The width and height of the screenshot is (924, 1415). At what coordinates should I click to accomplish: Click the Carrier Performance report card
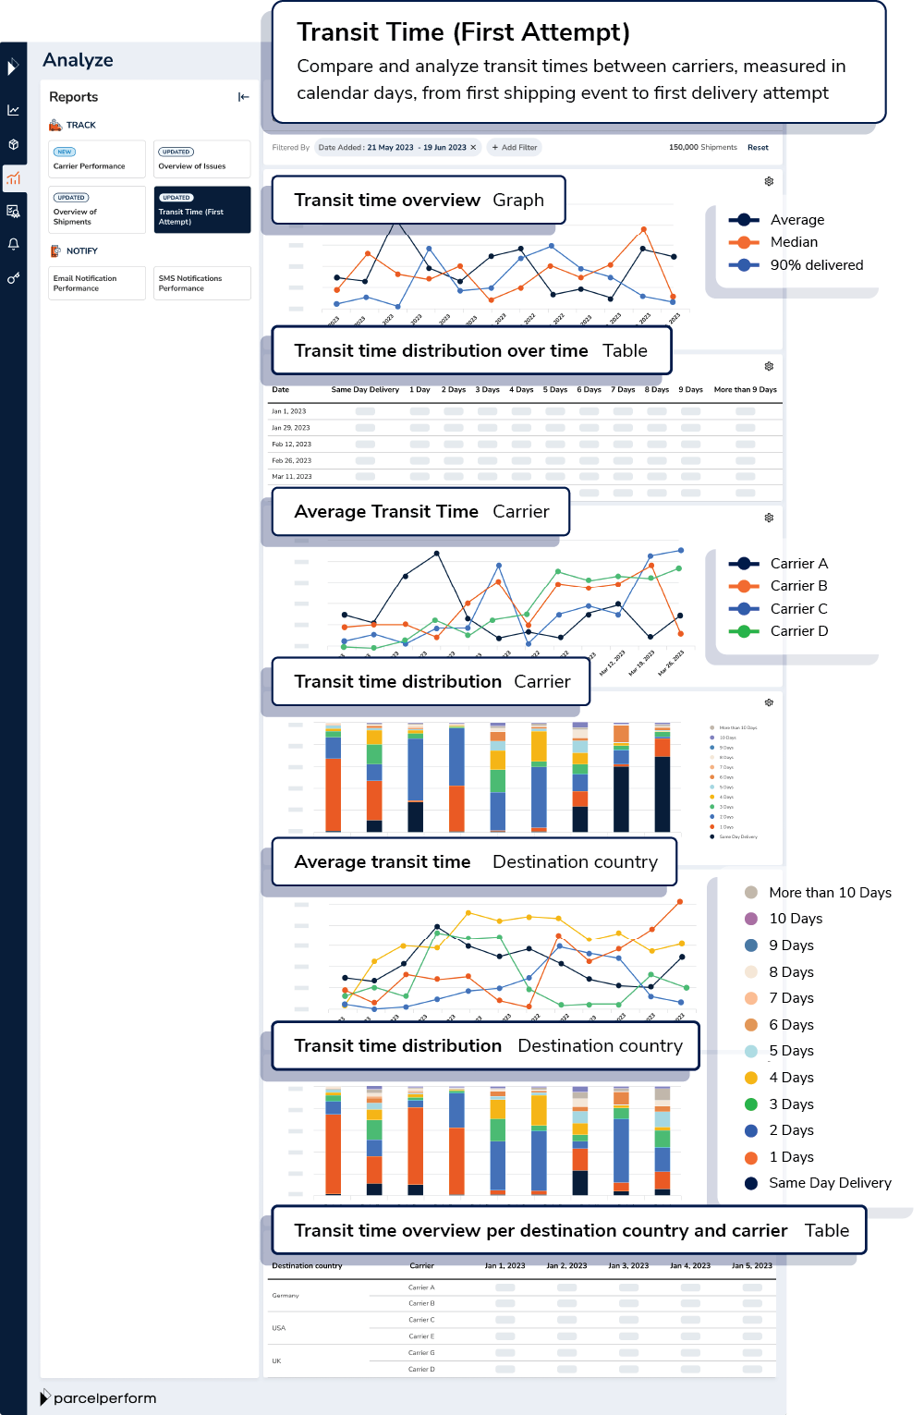click(x=97, y=159)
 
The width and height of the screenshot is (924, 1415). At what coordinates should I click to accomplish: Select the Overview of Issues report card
click(x=201, y=159)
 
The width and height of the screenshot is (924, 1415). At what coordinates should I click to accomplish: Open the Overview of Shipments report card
click(x=97, y=210)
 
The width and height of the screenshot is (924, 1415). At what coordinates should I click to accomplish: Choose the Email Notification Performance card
click(x=97, y=283)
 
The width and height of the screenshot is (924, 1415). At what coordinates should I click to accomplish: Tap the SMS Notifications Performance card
click(x=201, y=283)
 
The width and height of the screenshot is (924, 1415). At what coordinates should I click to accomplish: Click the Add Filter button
click(x=514, y=148)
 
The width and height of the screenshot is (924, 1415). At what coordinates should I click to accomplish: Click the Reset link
click(x=758, y=148)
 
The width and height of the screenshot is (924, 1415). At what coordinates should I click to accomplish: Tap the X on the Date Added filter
click(x=473, y=148)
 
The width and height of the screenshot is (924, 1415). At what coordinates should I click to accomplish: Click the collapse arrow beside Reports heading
click(x=244, y=97)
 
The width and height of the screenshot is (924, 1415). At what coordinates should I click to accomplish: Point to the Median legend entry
click(x=793, y=242)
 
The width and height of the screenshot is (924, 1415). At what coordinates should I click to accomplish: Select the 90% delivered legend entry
click(x=816, y=265)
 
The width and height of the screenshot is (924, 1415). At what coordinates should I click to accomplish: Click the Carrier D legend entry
click(x=798, y=631)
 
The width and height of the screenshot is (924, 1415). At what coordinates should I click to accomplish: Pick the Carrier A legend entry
click(x=798, y=564)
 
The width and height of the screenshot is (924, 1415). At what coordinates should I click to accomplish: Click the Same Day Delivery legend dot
click(x=751, y=1183)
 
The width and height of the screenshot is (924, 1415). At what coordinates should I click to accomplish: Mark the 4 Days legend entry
click(x=791, y=1078)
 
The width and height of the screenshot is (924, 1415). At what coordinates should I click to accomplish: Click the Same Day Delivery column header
click(x=365, y=390)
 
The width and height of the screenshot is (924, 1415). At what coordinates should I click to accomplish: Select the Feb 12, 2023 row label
click(x=291, y=445)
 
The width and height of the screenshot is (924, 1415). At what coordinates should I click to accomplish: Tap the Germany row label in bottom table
click(x=286, y=1296)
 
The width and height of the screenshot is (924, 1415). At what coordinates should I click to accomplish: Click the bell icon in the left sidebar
click(x=13, y=244)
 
